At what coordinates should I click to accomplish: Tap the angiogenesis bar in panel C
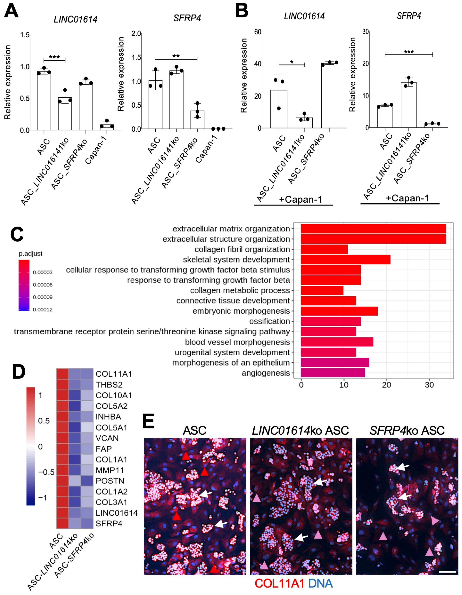pyautogui.click(x=333, y=373)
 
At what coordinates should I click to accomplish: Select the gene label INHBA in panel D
pyautogui.click(x=108, y=417)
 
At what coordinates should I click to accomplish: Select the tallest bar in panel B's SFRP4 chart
pyautogui.click(x=408, y=105)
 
